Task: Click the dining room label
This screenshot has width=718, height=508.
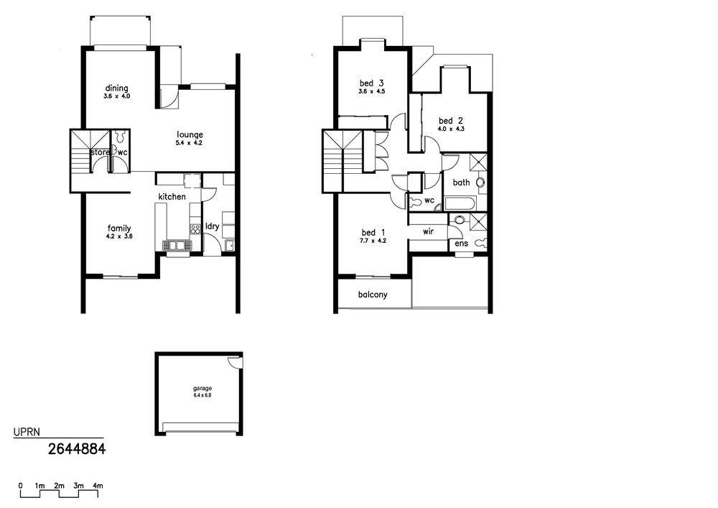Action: (x=117, y=88)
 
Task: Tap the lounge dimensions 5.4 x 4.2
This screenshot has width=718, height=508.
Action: (x=189, y=143)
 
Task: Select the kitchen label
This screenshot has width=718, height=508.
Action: (x=172, y=196)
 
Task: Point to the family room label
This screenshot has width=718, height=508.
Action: (x=119, y=228)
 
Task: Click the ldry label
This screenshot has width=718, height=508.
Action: (x=212, y=226)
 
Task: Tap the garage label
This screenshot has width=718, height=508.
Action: (x=202, y=389)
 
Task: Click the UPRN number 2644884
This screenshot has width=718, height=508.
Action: (x=77, y=449)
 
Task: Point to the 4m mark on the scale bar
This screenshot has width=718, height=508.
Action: (x=98, y=486)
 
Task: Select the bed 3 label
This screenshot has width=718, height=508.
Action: (x=371, y=83)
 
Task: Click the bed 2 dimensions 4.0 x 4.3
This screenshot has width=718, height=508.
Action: (x=451, y=129)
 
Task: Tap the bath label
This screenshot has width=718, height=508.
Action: (x=461, y=183)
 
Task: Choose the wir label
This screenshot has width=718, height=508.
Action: (x=428, y=231)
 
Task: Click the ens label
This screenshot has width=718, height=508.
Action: (x=461, y=244)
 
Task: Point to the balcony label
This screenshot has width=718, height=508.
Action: (x=373, y=295)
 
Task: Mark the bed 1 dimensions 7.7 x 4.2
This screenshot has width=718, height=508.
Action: (x=373, y=241)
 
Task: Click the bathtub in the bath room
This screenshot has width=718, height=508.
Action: (x=460, y=203)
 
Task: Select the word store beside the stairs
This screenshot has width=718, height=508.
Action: (x=101, y=152)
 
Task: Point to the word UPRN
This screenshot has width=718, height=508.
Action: (x=27, y=432)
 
